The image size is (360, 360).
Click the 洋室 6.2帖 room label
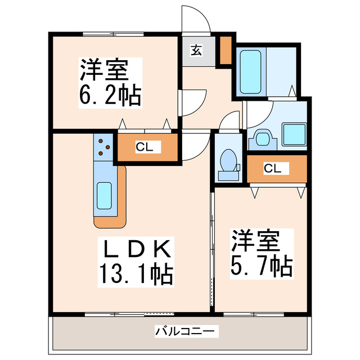109,82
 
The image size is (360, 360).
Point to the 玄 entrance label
196,51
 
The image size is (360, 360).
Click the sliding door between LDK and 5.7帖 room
212,247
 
